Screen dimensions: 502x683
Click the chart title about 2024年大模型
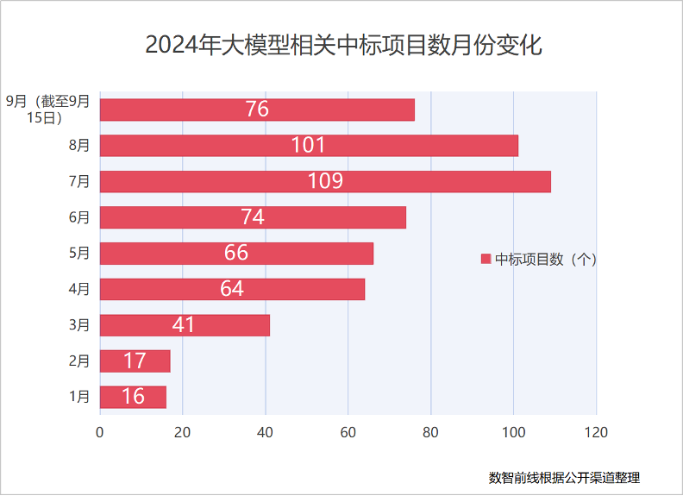pos(342,45)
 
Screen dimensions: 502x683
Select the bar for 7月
pos(325,181)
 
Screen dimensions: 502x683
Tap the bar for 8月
pos(309,145)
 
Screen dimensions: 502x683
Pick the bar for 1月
pos(133,397)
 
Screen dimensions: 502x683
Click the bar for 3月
pos(185,325)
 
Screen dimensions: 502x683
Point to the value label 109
pos(325,181)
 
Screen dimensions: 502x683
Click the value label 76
pos(257,110)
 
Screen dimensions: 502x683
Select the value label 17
pos(135,361)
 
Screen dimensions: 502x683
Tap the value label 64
pos(232,289)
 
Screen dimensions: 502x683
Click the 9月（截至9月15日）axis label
pos(48,110)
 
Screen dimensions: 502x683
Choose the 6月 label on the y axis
pos(79,217)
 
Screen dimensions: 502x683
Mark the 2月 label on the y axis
pos(79,361)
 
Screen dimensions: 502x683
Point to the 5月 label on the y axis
pos(79,253)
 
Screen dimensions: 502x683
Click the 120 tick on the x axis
pos(596,432)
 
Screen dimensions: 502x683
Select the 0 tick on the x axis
pos(100,432)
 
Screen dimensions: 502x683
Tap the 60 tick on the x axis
pos(348,432)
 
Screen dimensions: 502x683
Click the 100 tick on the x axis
pos(513,432)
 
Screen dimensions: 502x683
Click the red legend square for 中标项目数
pos(486,259)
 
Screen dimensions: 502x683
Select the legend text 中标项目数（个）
pos(546,259)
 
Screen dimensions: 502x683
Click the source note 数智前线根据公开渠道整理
pos(564,477)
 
